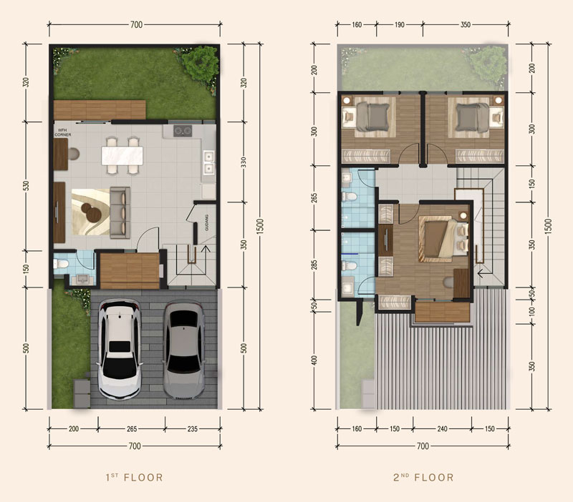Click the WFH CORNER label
click(x=63, y=132)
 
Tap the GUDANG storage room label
click(x=207, y=222)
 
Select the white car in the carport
click(x=119, y=350)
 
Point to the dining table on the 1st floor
click(x=122, y=155)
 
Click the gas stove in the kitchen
click(x=183, y=131)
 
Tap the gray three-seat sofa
click(x=120, y=212)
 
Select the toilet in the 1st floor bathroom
click(x=61, y=263)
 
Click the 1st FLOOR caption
click(x=135, y=477)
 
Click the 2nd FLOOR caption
click(x=423, y=477)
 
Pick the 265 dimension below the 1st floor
click(x=132, y=428)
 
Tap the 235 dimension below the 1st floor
click(x=193, y=428)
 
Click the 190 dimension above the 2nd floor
click(x=400, y=25)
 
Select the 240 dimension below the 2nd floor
click(x=442, y=428)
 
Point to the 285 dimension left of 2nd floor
click(x=314, y=265)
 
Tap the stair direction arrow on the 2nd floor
click(x=481, y=272)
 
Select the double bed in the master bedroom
click(x=443, y=239)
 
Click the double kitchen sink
click(x=209, y=162)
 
